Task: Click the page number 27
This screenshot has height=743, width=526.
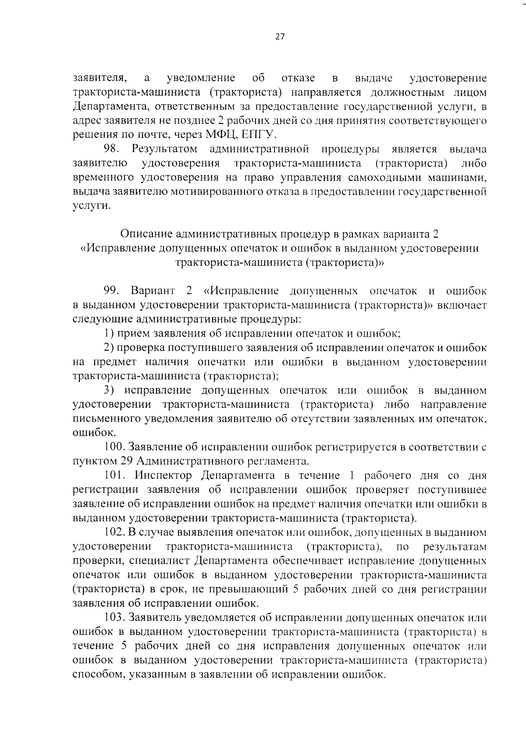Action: pos(280,37)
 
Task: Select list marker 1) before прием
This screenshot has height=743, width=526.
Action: pos(109,333)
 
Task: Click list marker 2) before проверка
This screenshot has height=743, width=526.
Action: pos(109,348)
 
